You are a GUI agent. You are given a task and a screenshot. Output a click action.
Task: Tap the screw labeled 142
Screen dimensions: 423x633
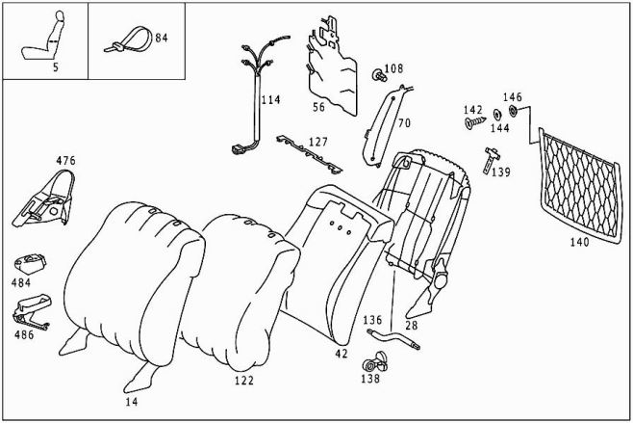tap(471, 123)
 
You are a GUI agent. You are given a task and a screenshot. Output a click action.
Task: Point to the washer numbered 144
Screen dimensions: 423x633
tap(496, 115)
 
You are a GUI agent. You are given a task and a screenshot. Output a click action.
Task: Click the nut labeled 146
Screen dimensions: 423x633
tap(513, 111)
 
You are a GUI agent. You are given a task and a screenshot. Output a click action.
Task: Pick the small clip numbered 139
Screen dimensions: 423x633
tap(494, 153)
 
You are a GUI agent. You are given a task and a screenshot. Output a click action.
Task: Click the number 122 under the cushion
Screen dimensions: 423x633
tap(243, 382)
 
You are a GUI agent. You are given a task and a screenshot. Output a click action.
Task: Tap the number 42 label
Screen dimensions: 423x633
tap(341, 354)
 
